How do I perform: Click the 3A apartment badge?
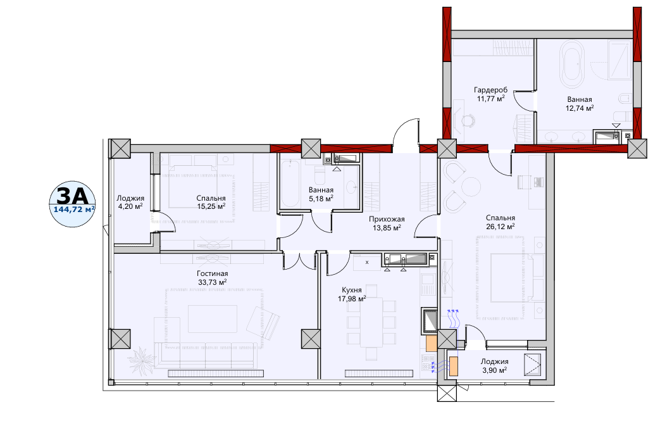click(72, 204)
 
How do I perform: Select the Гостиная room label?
click(213, 273)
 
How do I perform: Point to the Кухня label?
click(351, 290)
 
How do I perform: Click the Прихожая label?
click(387, 219)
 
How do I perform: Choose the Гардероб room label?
click(491, 90)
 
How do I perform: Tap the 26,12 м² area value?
click(501, 226)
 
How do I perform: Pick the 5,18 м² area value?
click(321, 198)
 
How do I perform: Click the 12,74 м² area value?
click(580, 108)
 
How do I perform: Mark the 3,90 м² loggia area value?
click(495, 370)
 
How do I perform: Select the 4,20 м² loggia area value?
click(130, 206)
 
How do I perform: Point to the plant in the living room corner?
click(142, 359)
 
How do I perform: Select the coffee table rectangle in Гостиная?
click(213, 319)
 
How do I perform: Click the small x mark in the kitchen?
click(367, 262)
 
